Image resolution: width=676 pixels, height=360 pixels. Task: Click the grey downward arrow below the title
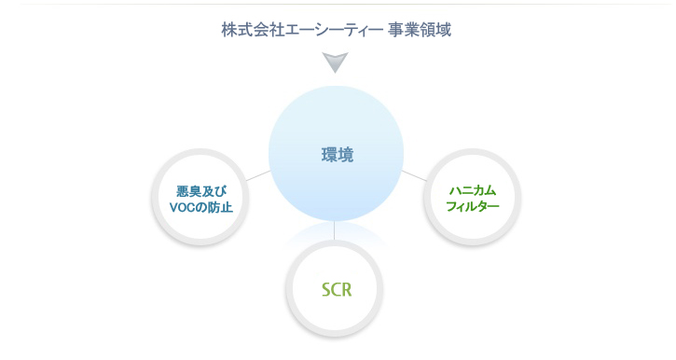tap(336, 63)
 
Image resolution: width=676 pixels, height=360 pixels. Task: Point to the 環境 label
tap(336, 156)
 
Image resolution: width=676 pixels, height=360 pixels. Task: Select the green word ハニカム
tap(472, 190)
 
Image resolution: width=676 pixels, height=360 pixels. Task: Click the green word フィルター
tap(473, 206)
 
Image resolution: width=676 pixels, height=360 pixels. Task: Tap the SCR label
tap(336, 289)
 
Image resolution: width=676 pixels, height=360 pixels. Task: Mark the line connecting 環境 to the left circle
tap(258, 174)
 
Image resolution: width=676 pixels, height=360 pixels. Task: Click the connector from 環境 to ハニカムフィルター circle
tap(413, 174)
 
